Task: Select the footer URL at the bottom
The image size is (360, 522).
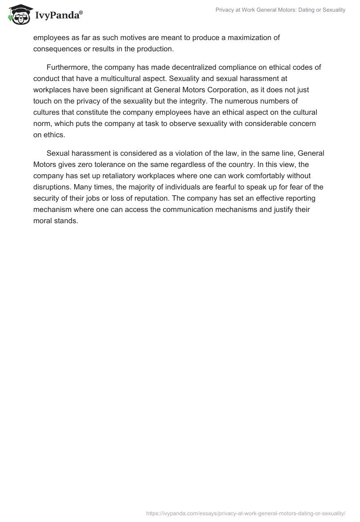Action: (x=246, y=513)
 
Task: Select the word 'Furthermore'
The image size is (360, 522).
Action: (x=68, y=67)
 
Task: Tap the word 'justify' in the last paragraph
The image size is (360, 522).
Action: (x=282, y=208)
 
